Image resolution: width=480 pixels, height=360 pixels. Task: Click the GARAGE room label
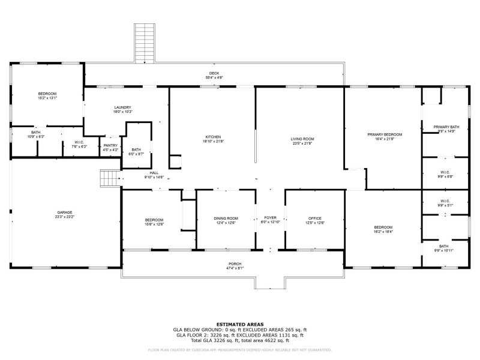click(65, 212)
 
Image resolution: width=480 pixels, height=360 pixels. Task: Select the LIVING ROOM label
click(303, 139)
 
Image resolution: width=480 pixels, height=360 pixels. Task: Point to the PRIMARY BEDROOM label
click(385, 134)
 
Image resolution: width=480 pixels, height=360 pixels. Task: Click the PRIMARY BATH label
click(446, 127)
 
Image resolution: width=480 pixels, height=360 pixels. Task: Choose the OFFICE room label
click(315, 218)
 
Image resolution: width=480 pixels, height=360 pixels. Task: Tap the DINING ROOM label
click(226, 218)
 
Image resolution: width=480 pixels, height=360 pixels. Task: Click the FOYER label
click(270, 218)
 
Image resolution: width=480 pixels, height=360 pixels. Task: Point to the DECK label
click(214, 73)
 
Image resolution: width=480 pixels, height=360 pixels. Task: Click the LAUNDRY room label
click(122, 107)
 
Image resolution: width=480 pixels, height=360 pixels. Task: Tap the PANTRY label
click(110, 145)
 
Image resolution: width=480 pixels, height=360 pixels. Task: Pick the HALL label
click(154, 173)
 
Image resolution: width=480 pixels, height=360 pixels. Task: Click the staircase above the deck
click(143, 43)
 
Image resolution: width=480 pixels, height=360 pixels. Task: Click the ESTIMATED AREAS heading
click(240, 324)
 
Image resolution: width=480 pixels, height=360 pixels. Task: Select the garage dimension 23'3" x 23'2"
click(65, 217)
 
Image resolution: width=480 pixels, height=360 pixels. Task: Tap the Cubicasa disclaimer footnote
click(240, 350)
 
